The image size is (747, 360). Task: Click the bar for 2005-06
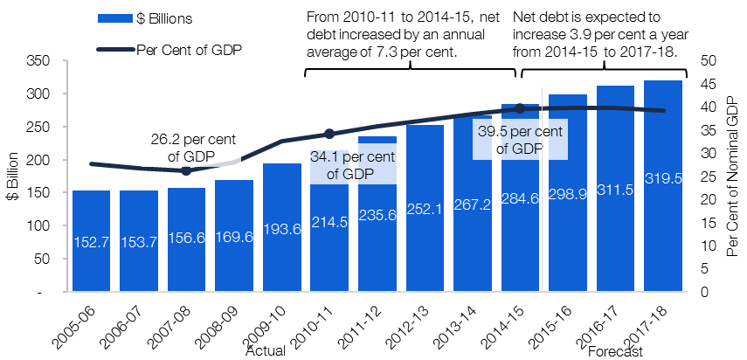(x=92, y=241)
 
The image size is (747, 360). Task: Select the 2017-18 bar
(x=663, y=186)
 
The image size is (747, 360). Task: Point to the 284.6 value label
(x=520, y=198)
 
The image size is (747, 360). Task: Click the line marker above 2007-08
(x=186, y=171)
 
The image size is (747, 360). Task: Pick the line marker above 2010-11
(x=329, y=134)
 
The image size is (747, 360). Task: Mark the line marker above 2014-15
(x=520, y=109)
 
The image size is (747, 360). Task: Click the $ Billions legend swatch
(x=114, y=18)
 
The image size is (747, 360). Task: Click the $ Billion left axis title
(x=13, y=177)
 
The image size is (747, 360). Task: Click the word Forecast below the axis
(x=616, y=352)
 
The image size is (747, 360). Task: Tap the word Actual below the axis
(x=266, y=352)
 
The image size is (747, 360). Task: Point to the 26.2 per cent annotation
(x=193, y=148)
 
